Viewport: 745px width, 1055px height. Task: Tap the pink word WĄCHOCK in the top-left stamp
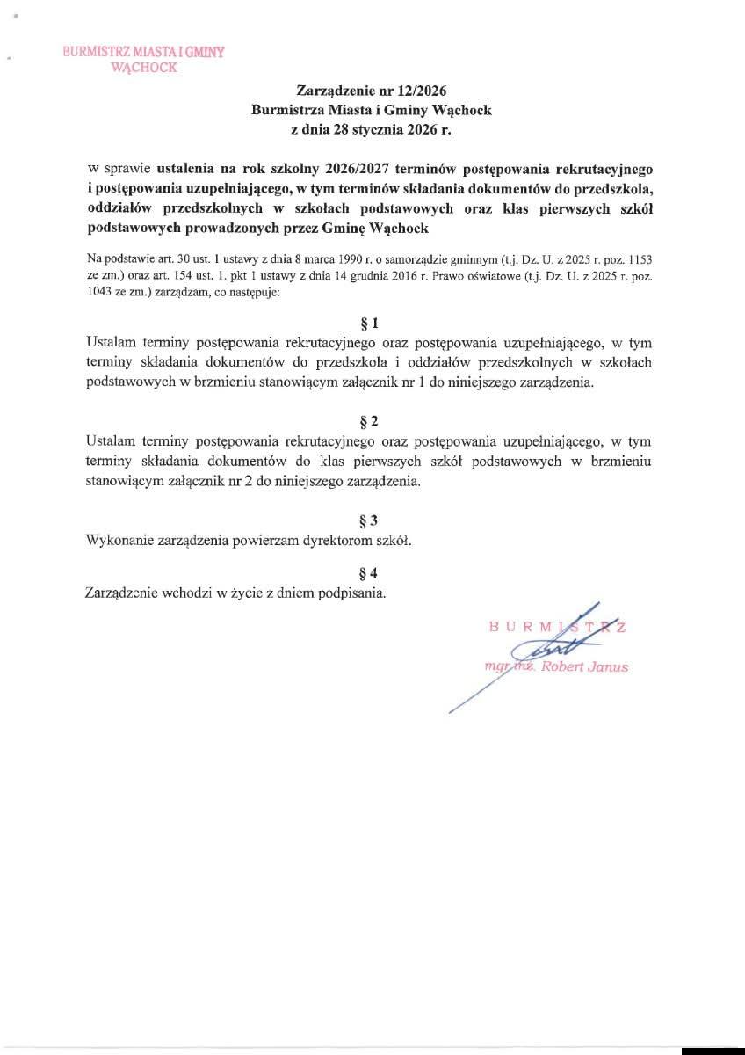(x=144, y=67)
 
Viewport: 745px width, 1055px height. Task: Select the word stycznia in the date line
(x=374, y=129)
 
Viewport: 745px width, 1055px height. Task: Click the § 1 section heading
(x=372, y=322)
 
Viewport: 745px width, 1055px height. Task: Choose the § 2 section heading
(x=372, y=419)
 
